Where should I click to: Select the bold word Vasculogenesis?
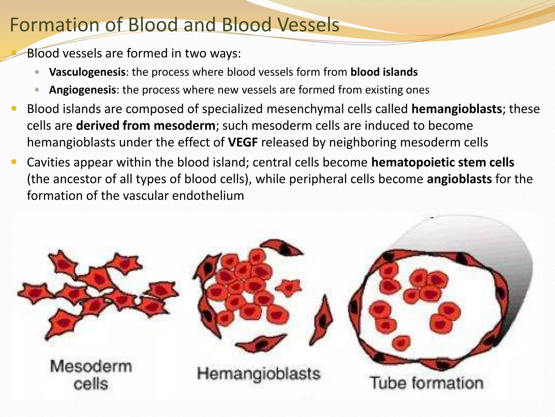click(x=87, y=72)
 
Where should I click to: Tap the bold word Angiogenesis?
click(x=82, y=90)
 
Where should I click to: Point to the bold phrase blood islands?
click(x=384, y=72)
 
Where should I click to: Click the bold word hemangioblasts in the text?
click(x=456, y=109)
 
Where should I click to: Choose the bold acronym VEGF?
click(x=243, y=143)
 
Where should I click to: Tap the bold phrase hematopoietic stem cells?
click(x=442, y=163)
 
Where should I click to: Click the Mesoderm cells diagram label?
click(x=91, y=375)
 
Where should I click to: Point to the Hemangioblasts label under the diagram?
click(x=258, y=374)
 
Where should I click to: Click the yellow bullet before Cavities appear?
click(x=14, y=162)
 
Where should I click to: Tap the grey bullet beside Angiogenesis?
click(x=37, y=90)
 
